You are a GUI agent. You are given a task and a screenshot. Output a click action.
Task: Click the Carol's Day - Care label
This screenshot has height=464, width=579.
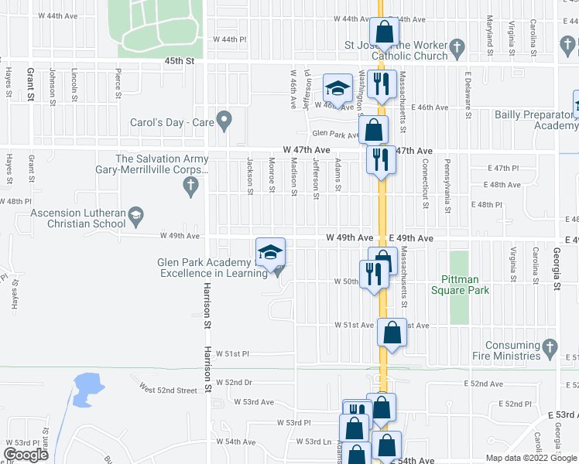point(172,122)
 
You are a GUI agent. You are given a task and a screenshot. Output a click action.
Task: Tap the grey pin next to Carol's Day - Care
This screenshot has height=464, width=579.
point(224,120)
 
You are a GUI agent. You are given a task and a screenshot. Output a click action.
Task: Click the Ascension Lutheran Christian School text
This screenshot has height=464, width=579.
point(77,218)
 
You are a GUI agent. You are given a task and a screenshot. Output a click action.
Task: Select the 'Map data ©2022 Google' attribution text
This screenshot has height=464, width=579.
point(532,458)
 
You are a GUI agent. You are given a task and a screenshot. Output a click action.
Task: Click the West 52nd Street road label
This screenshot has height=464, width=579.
point(168,390)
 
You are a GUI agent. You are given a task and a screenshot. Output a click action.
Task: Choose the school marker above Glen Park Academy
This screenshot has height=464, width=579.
point(270,253)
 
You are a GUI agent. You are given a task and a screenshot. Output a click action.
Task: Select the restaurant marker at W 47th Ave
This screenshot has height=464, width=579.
point(381,160)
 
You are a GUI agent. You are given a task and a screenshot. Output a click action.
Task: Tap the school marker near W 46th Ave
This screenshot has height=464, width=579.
point(337,87)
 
